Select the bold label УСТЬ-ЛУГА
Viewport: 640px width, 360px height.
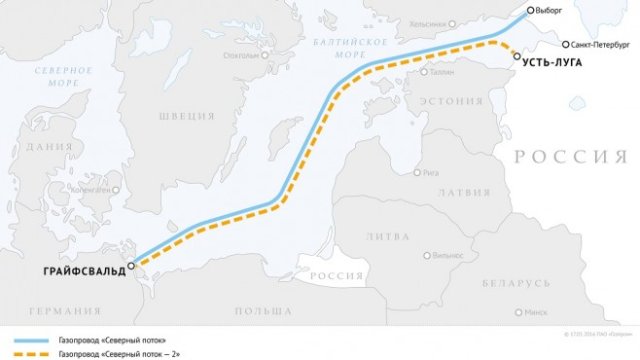click(x=552, y=62)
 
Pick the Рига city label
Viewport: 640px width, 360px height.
click(x=432, y=172)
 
